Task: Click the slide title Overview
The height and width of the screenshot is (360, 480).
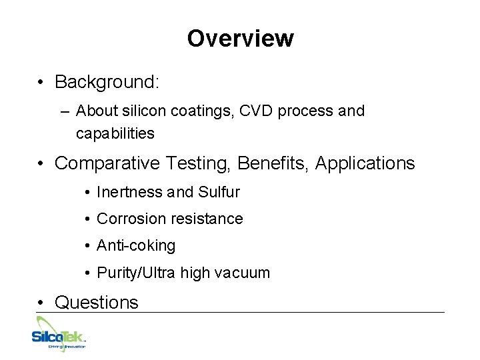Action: (240, 39)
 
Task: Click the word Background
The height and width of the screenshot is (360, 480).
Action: (105, 82)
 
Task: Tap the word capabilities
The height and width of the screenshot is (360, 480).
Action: (115, 134)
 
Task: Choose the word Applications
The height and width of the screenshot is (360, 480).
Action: (365, 163)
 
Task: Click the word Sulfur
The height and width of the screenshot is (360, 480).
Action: (219, 193)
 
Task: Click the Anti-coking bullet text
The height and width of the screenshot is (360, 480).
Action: (136, 246)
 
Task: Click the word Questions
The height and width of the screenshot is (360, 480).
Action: (97, 303)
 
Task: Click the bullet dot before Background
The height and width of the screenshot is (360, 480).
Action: (41, 83)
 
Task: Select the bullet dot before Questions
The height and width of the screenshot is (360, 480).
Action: (41, 303)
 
